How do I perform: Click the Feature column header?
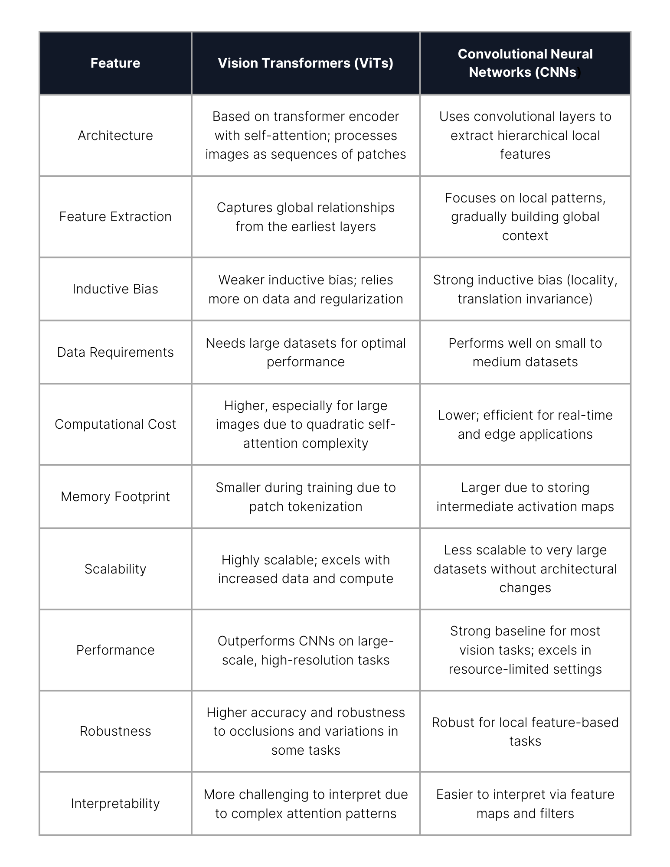[115, 63]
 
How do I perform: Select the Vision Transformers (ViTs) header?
[305, 63]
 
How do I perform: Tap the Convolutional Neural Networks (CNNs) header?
[525, 63]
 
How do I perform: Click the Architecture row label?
[115, 136]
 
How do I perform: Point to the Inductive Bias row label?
[115, 289]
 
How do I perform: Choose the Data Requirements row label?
[115, 352]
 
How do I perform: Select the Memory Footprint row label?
[115, 497]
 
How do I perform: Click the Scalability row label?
[115, 569]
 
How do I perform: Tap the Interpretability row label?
[115, 804]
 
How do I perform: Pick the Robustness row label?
[115, 731]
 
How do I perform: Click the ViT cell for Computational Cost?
[305, 424]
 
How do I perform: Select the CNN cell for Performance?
[525, 650]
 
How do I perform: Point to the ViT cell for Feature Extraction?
[305, 217]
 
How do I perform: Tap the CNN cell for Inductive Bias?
[525, 289]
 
